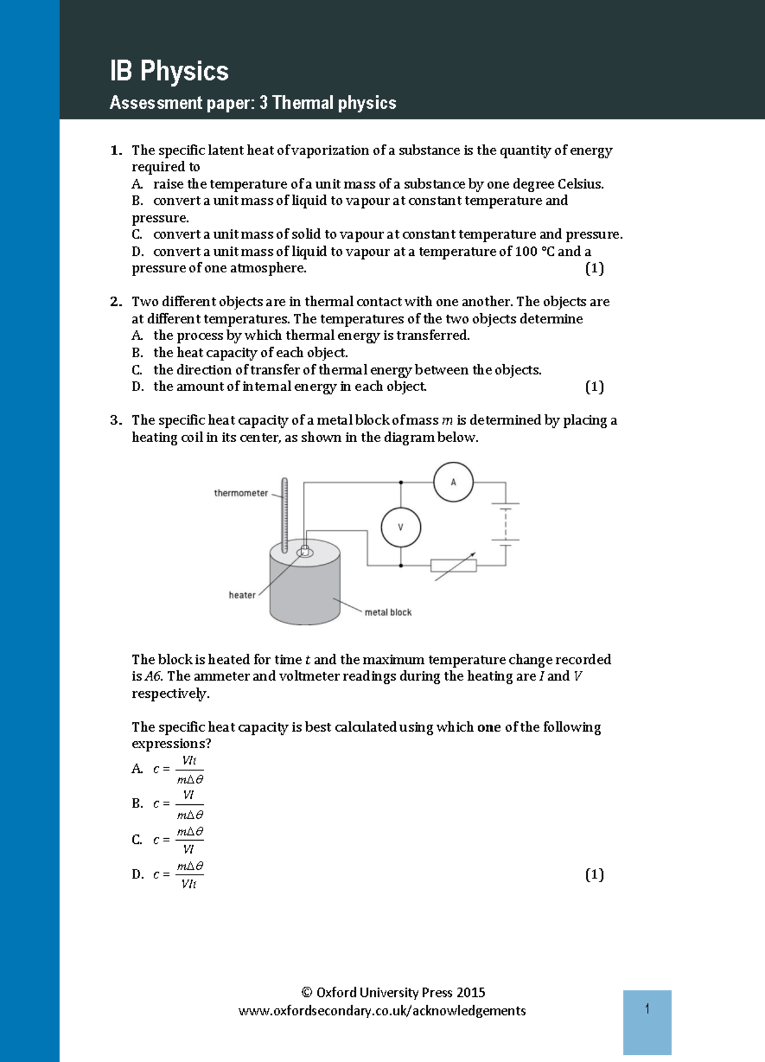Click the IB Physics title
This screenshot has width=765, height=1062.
[x=169, y=71]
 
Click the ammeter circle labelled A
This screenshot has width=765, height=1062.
[x=453, y=482]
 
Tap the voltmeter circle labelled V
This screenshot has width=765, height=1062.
[x=400, y=527]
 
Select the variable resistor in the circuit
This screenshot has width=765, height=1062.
[x=453, y=565]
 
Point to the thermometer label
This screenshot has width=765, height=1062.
[x=241, y=493]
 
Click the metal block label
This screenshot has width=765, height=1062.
[x=388, y=612]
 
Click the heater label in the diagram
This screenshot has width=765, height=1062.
[x=242, y=595]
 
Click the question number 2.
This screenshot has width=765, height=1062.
[x=115, y=302]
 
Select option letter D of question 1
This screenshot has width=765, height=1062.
[x=138, y=252]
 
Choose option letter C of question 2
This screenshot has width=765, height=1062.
[x=137, y=370]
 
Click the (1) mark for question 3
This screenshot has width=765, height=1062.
[x=594, y=874]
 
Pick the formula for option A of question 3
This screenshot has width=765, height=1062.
[x=189, y=770]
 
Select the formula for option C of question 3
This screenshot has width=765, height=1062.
[x=189, y=840]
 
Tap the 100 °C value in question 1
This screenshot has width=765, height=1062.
[x=535, y=252]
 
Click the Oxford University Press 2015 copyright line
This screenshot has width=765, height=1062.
[x=393, y=992]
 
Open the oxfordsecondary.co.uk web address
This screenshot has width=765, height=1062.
[x=382, y=1011]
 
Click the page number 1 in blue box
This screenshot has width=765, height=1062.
[x=647, y=1009]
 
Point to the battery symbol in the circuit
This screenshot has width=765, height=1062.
[x=506, y=523]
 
